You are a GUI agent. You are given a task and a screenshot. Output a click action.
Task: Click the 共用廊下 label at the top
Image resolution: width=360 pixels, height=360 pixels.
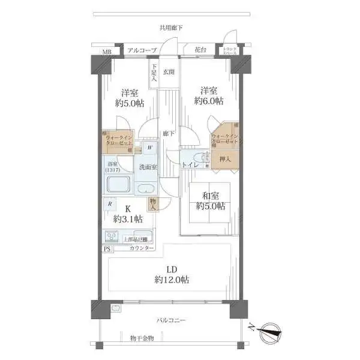click(171, 28)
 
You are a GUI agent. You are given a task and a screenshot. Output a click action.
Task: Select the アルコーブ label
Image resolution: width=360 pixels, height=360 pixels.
click(143, 50)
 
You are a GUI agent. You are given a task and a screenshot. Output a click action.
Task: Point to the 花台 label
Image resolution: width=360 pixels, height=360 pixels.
click(200, 50)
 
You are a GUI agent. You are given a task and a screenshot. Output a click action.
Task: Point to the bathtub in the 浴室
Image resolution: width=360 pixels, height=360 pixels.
click(118, 186)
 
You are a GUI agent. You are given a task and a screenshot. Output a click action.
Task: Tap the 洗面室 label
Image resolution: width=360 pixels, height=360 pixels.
click(148, 167)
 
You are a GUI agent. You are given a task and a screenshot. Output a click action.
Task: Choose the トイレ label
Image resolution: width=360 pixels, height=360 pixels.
click(191, 163)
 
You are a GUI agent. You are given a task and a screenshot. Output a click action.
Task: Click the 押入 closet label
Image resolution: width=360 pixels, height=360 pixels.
click(225, 160)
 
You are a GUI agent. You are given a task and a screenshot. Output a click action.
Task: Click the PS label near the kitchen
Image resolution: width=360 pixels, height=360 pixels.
click(107, 248)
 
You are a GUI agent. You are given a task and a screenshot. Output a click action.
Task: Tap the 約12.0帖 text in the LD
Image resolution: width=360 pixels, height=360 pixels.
click(172, 280)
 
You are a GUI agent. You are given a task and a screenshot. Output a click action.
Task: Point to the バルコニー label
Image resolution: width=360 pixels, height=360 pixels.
click(171, 320)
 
